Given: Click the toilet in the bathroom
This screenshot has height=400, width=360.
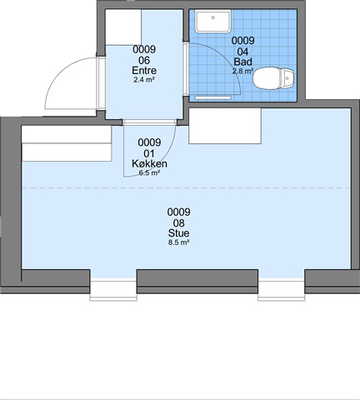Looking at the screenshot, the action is (x=273, y=78).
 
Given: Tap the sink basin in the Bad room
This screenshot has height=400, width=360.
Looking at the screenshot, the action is (x=212, y=22).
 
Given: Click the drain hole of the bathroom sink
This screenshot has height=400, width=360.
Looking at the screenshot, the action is (x=213, y=17).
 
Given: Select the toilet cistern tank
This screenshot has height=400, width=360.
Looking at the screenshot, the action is (x=287, y=78).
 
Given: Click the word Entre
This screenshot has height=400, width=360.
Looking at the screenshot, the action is (x=144, y=70).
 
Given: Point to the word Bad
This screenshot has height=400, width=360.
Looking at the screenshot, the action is (x=243, y=62).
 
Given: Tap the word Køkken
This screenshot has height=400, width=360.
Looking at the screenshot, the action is (x=149, y=163).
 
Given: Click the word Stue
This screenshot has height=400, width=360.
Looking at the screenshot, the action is (x=178, y=232).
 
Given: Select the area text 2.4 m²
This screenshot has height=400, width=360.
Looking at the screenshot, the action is (x=144, y=80).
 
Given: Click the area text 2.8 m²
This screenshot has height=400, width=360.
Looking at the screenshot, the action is (x=242, y=71).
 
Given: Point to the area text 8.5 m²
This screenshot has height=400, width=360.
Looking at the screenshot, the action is (x=178, y=242).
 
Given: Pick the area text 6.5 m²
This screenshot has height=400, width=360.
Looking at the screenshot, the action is (x=149, y=173).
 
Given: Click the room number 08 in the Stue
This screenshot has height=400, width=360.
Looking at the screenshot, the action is (x=178, y=222).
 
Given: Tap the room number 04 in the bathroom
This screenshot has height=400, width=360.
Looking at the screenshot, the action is (x=243, y=52).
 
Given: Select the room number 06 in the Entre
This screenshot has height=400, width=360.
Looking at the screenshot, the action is (x=144, y=60).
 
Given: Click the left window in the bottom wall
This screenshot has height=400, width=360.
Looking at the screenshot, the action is (x=113, y=290).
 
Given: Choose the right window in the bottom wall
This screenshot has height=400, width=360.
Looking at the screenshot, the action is (x=282, y=290).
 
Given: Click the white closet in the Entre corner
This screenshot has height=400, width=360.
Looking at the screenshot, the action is (x=123, y=27).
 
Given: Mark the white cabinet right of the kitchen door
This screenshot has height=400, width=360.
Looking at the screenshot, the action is (x=225, y=126).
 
